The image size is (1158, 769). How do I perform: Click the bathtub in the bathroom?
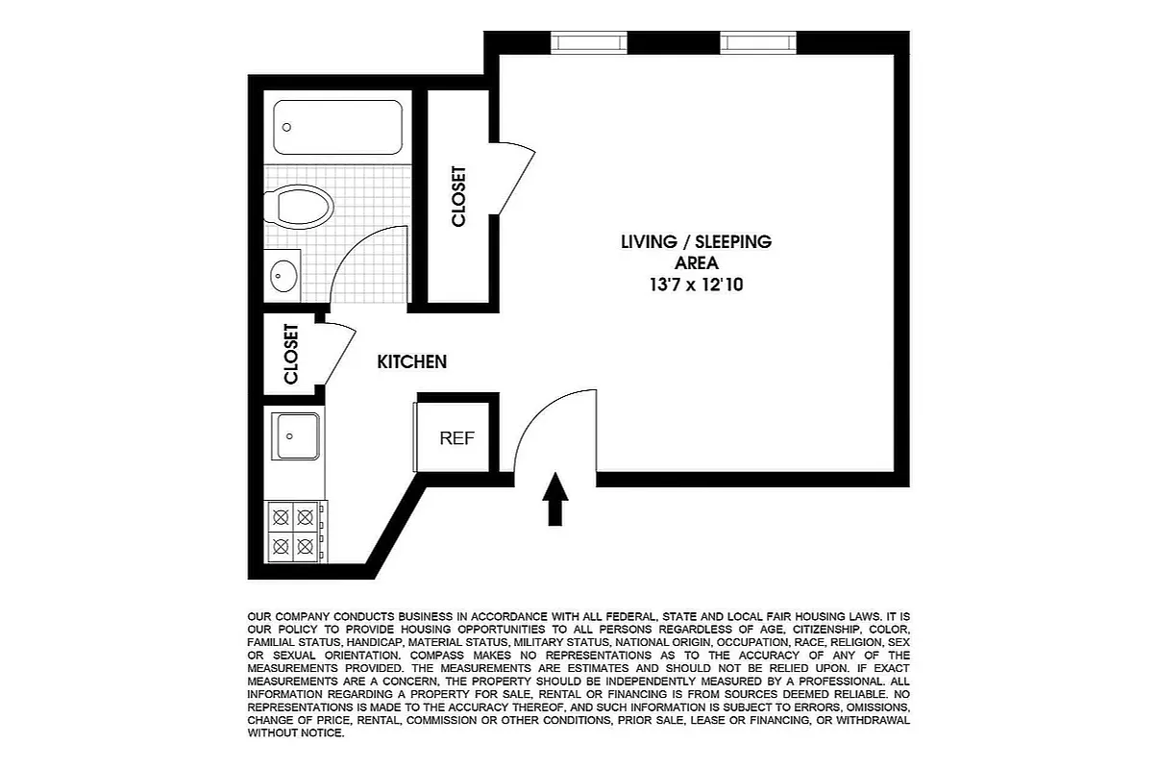point(337,127)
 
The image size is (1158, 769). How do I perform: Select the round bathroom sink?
point(283,276)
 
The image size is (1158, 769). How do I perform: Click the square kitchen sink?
point(296,436)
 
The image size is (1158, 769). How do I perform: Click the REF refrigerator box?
point(457,438)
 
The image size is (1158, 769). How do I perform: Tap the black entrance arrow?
point(555,499)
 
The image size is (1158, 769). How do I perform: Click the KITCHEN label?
point(411,362)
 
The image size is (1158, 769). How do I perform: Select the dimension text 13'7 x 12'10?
point(696,285)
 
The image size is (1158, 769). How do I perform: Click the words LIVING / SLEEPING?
point(696,242)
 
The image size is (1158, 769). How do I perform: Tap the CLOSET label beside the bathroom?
point(458,197)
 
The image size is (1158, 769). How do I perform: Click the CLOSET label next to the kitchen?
point(291,354)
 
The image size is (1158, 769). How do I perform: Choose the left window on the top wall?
point(588,41)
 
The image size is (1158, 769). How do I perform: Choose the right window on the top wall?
point(758,41)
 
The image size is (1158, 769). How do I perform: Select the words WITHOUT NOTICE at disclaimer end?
point(295,732)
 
